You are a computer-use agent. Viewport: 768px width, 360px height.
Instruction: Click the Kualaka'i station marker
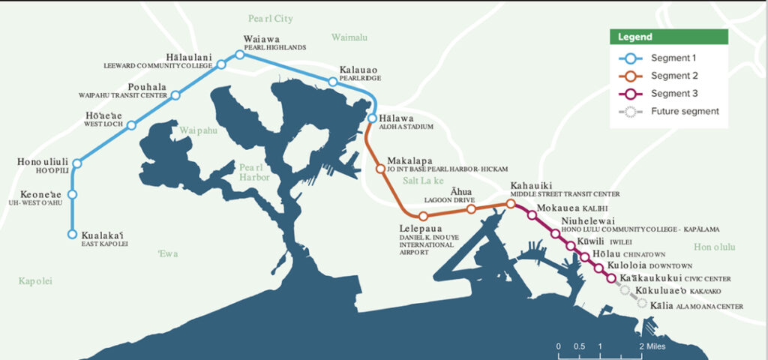pos(72,234)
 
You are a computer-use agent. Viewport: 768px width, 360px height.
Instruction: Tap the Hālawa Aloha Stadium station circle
pos(372,118)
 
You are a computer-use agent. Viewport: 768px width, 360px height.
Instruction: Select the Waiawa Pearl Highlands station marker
pos(240,54)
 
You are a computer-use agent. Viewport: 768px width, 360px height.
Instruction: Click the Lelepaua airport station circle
pos(424,216)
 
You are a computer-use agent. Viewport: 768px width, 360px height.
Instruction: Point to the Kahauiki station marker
pos(511,203)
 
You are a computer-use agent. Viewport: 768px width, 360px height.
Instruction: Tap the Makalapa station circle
pos(379,167)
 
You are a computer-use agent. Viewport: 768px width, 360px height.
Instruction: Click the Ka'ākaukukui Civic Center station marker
pos(611,278)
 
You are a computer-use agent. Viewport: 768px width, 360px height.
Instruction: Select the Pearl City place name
pos(271,19)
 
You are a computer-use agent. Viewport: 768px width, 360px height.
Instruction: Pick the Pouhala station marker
pos(176,95)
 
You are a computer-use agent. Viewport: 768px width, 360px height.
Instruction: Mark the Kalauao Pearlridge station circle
pos(331,81)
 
